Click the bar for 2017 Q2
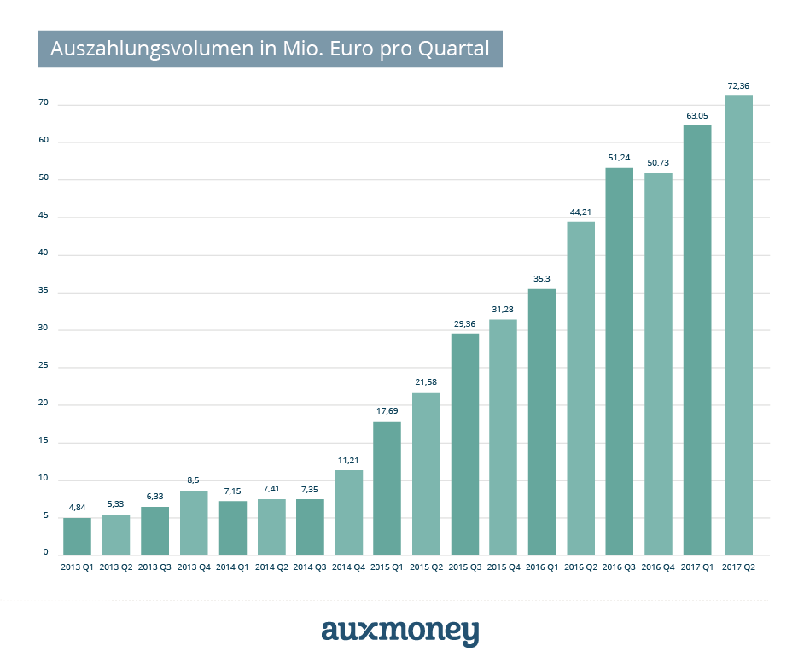tap(738, 324)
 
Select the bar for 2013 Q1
tap(77, 536)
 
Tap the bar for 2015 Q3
tap(465, 444)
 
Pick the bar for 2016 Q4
tap(658, 363)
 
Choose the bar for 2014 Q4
tap(349, 512)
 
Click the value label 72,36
tap(738, 85)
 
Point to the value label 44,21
tap(580, 212)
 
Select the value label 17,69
tap(387, 411)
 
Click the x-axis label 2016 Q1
tap(542, 566)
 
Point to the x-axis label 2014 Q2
tap(271, 566)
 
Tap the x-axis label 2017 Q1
tap(696, 566)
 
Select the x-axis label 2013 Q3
tap(154, 566)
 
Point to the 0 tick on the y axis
tap(46, 553)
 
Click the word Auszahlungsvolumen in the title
tap(151, 49)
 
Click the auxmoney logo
tap(400, 631)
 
